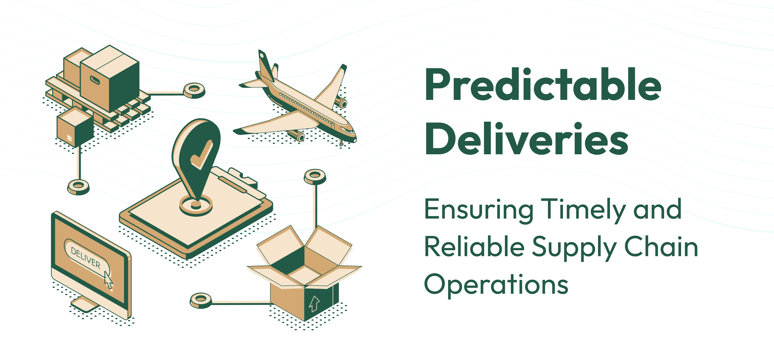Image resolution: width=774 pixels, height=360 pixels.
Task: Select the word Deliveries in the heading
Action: pyautogui.click(x=526, y=139)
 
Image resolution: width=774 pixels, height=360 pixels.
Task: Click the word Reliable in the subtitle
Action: pyautogui.click(x=474, y=247)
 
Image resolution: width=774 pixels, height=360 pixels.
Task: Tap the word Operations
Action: pyautogui.click(x=496, y=285)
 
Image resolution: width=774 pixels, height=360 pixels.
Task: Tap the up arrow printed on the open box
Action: pyautogui.click(x=314, y=304)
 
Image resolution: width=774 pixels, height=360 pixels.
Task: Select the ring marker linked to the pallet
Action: pyautogui.click(x=194, y=90)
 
